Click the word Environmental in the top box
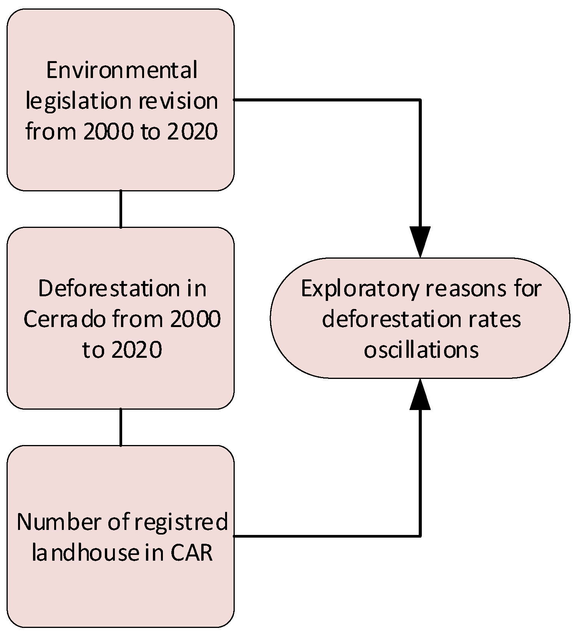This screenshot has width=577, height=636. point(122,71)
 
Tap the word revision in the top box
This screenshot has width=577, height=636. point(178,101)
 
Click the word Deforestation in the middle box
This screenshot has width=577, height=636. point(109,289)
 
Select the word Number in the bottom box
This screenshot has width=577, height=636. point(58,522)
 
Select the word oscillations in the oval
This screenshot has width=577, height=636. point(421,350)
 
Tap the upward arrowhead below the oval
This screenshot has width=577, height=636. point(420,395)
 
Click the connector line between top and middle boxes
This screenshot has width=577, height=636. point(121,209)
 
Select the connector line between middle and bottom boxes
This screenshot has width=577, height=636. point(121,427)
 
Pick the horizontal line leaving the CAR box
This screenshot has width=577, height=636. point(327,535)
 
